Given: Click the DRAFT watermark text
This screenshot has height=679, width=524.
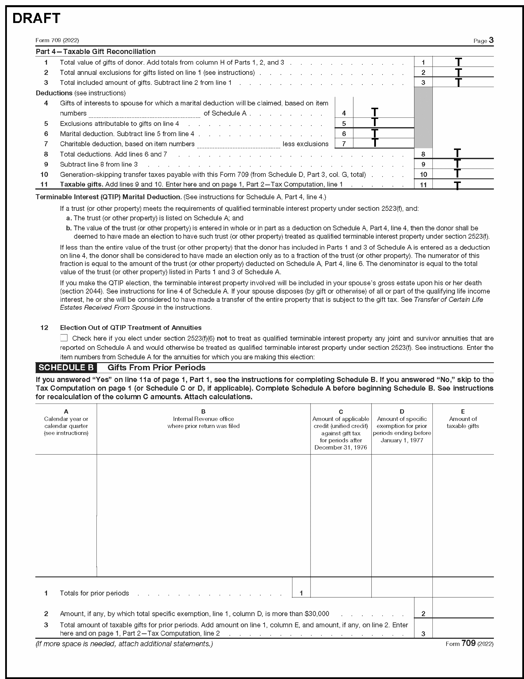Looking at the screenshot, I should click(36, 19).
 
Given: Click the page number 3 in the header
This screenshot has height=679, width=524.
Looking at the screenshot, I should click(491, 40).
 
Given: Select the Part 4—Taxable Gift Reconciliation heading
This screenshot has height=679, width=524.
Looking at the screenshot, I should click(95, 52).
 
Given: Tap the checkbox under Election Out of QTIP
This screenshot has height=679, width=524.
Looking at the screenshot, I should click(64, 338).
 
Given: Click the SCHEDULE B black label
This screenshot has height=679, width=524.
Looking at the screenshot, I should click(66, 367).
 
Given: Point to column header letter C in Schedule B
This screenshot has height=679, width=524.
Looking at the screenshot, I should click(341, 412).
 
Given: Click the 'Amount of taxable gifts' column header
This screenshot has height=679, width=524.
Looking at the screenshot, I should click(463, 422).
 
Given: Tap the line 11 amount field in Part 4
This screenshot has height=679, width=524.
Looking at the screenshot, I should click(463, 185).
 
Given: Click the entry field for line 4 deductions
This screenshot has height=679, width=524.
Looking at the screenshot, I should click(384, 113).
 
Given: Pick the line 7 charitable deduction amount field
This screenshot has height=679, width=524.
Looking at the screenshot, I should click(384, 143).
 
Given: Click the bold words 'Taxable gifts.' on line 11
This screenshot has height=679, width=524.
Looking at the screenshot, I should click(81, 184).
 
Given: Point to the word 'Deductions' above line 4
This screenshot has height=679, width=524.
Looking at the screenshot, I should click(54, 93).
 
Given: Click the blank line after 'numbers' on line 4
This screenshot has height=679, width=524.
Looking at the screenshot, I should click(144, 114).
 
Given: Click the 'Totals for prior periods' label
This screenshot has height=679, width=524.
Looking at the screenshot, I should click(94, 593).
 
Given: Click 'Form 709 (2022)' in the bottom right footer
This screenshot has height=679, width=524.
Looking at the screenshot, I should click(469, 644).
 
